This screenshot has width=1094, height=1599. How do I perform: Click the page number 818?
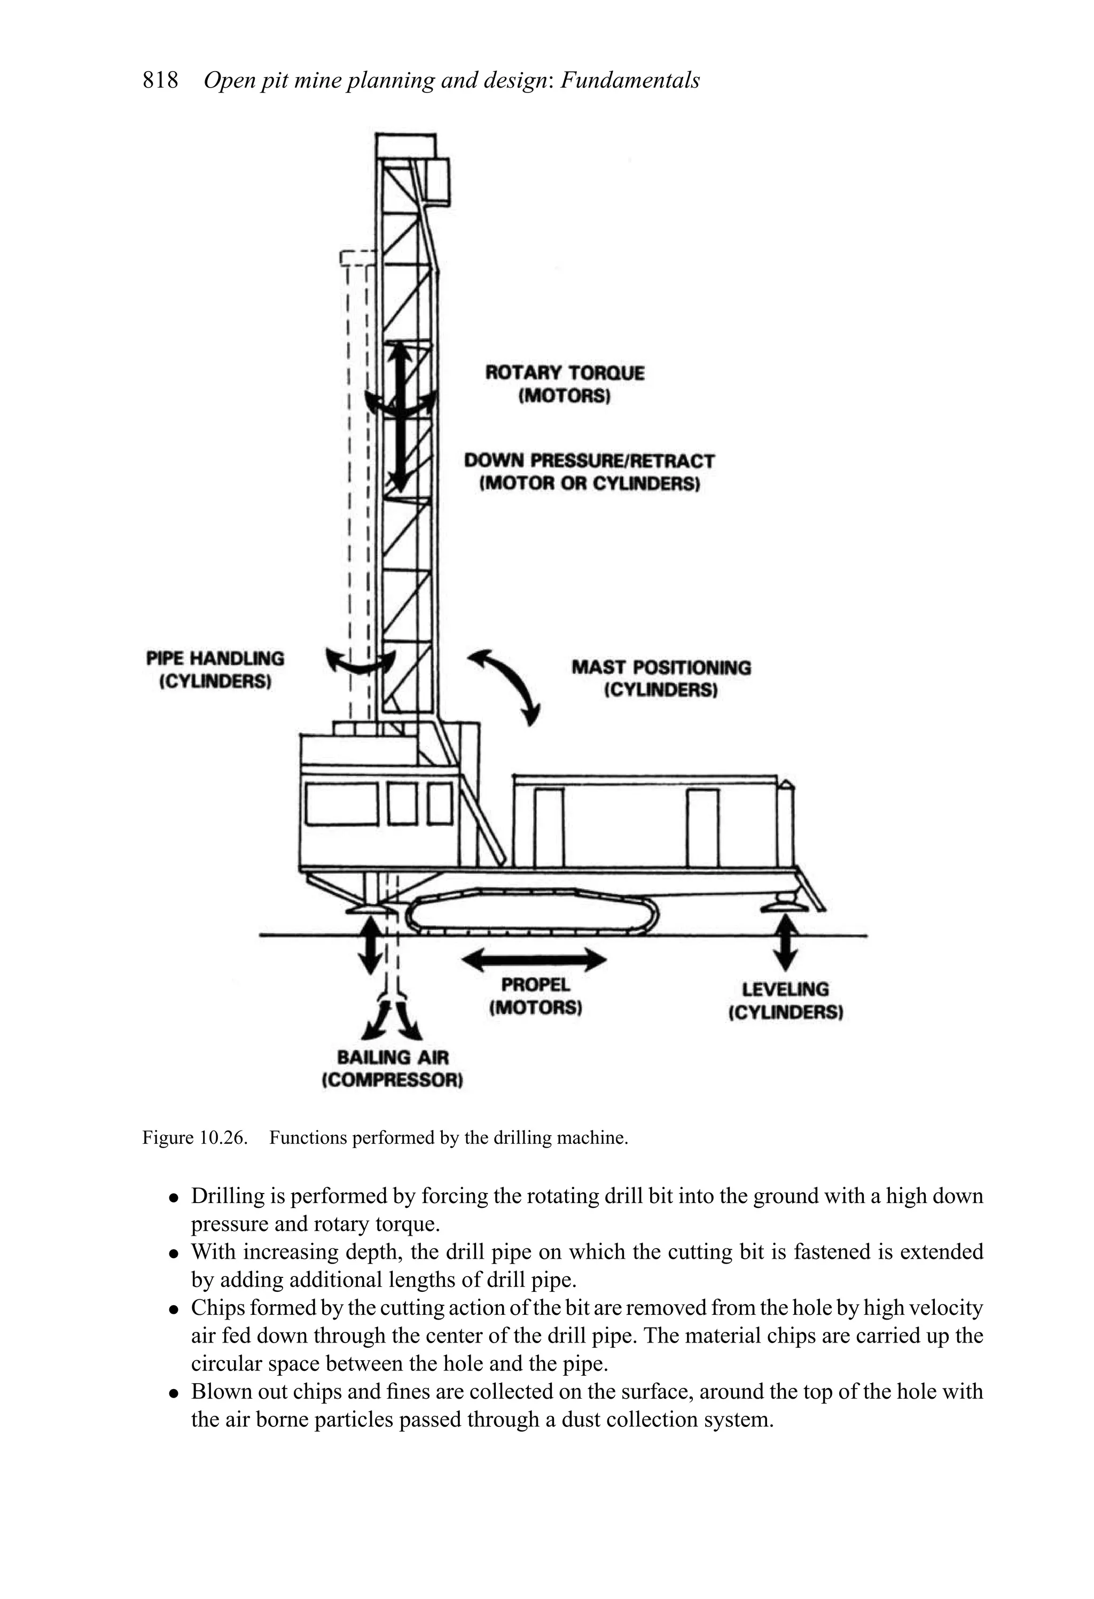pyautogui.click(x=160, y=81)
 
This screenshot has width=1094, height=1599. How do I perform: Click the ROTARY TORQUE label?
pyautogui.click(x=564, y=373)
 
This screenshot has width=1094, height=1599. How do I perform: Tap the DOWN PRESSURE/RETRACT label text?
pyautogui.click(x=589, y=461)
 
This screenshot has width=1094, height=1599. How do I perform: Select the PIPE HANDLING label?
pyautogui.click(x=215, y=658)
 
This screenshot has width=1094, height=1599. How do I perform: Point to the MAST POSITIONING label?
pyautogui.click(x=661, y=667)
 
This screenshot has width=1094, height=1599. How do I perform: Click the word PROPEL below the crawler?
pyautogui.click(x=535, y=985)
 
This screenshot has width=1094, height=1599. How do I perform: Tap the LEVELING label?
pyautogui.click(x=785, y=989)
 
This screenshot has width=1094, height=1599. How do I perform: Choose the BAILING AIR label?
pyautogui.click(x=392, y=1057)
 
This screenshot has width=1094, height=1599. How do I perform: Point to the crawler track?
pyautogui.click(x=533, y=911)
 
